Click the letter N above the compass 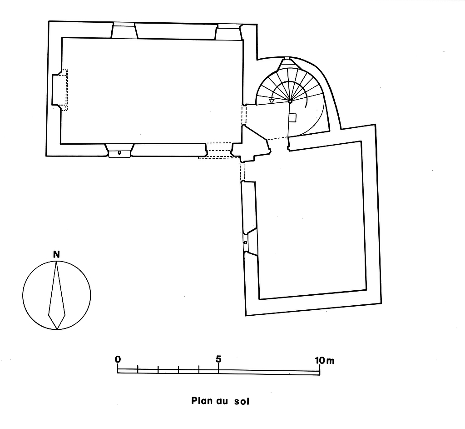56,255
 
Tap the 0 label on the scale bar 118,359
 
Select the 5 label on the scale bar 219,359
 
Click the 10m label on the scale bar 324,360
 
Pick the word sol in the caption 242,401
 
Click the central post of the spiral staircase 290,101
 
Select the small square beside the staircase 293,118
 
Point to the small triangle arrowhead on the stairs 272,101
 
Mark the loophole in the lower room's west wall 246,242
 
